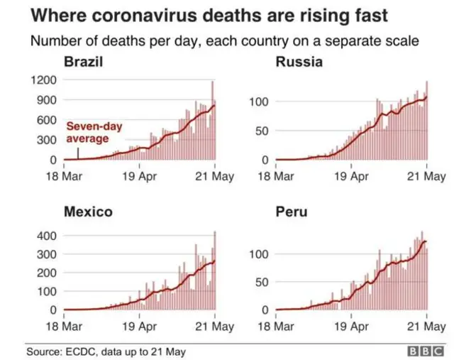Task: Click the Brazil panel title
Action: (x=84, y=62)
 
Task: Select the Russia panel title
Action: (x=299, y=62)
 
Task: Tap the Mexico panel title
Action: (x=88, y=212)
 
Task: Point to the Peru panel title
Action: (x=291, y=212)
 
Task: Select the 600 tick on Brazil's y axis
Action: (x=47, y=121)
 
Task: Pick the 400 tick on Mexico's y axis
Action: (x=47, y=235)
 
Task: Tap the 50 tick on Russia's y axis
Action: (x=262, y=131)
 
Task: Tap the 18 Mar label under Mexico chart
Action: (x=64, y=327)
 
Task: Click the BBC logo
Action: (x=425, y=350)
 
